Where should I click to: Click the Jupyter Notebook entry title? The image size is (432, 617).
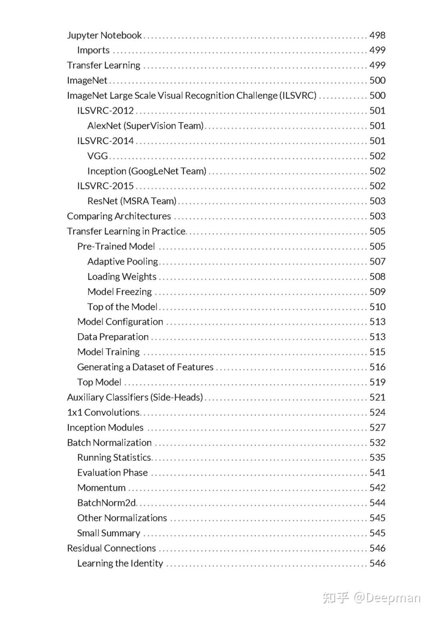click(x=104, y=35)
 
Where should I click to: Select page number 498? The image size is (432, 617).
click(x=377, y=35)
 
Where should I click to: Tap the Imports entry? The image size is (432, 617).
click(x=93, y=50)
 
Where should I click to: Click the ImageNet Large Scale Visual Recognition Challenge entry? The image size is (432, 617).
click(x=192, y=96)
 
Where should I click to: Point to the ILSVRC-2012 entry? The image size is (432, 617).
click(x=106, y=111)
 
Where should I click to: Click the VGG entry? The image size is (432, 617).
click(x=98, y=156)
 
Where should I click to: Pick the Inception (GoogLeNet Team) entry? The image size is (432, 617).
click(x=147, y=171)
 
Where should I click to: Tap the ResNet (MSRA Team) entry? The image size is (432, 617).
click(x=132, y=201)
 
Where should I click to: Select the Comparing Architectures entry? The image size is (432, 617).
click(x=119, y=216)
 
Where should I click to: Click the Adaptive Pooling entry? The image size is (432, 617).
click(x=123, y=262)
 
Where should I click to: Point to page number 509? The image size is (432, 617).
click(x=377, y=292)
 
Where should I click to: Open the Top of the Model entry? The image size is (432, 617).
click(x=122, y=307)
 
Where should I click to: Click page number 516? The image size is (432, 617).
click(x=377, y=367)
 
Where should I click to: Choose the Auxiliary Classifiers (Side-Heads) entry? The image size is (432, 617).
click(x=135, y=397)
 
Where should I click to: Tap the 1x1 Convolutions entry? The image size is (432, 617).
click(x=103, y=413)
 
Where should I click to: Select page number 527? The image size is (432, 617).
click(x=377, y=428)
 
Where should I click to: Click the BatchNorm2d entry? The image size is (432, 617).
click(x=106, y=503)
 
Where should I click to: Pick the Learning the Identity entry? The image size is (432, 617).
click(x=120, y=563)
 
